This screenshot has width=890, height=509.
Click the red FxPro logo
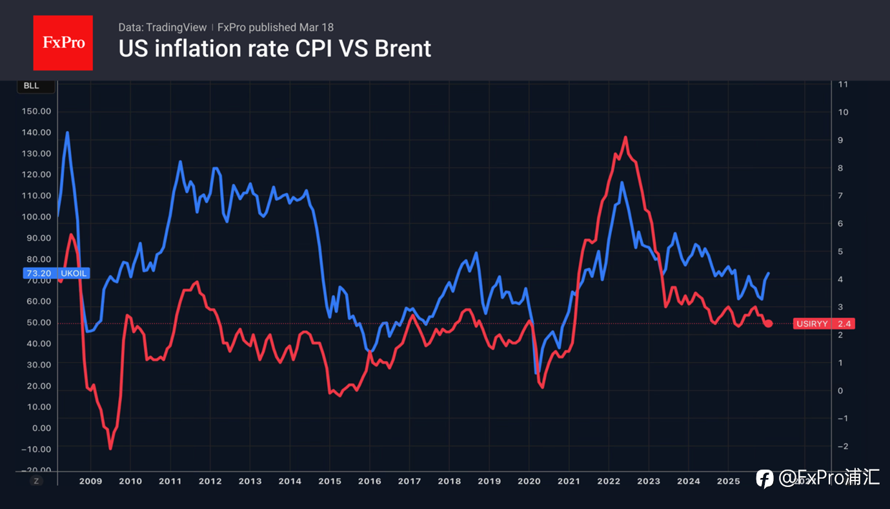click(63, 43)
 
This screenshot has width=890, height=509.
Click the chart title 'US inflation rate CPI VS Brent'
click(274, 48)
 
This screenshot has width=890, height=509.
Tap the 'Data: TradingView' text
click(163, 27)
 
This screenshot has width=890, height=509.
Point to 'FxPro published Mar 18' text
click(276, 27)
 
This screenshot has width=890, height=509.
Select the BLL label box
click(32, 86)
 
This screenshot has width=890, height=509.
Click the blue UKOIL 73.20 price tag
click(56, 273)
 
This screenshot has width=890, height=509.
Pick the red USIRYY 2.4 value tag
click(824, 324)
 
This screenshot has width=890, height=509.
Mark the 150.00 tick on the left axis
click(36, 111)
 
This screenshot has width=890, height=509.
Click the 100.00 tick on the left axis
click(36, 216)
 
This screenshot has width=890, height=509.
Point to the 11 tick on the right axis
click(843, 85)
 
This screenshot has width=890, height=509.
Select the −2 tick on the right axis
click(842, 446)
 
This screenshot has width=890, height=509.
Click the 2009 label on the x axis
click(90, 481)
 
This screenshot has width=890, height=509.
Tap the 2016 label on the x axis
click(370, 481)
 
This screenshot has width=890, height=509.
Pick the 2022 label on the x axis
click(609, 481)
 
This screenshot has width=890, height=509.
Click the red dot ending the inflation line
click(768, 323)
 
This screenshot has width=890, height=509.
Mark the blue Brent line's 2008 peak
click(67, 132)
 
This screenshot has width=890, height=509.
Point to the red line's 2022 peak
click(625, 137)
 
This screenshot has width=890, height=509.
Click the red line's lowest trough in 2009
click(110, 448)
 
